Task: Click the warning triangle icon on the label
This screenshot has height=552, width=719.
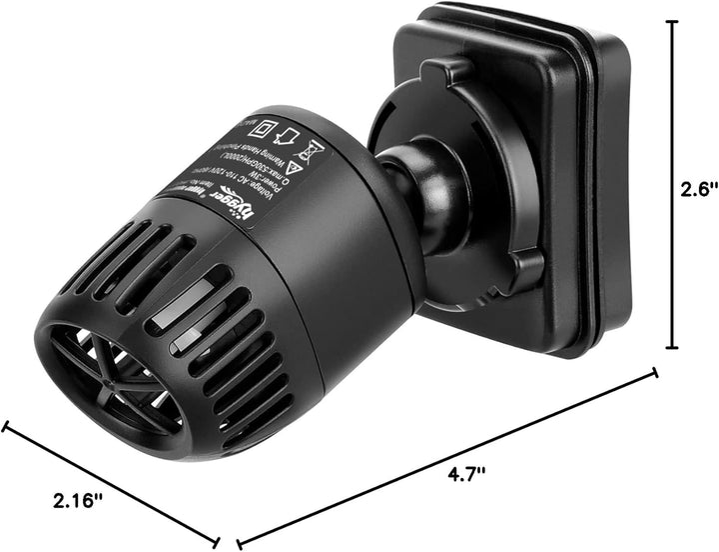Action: click(x=294, y=168)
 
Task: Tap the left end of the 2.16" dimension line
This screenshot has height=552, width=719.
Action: click(x=6, y=428)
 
